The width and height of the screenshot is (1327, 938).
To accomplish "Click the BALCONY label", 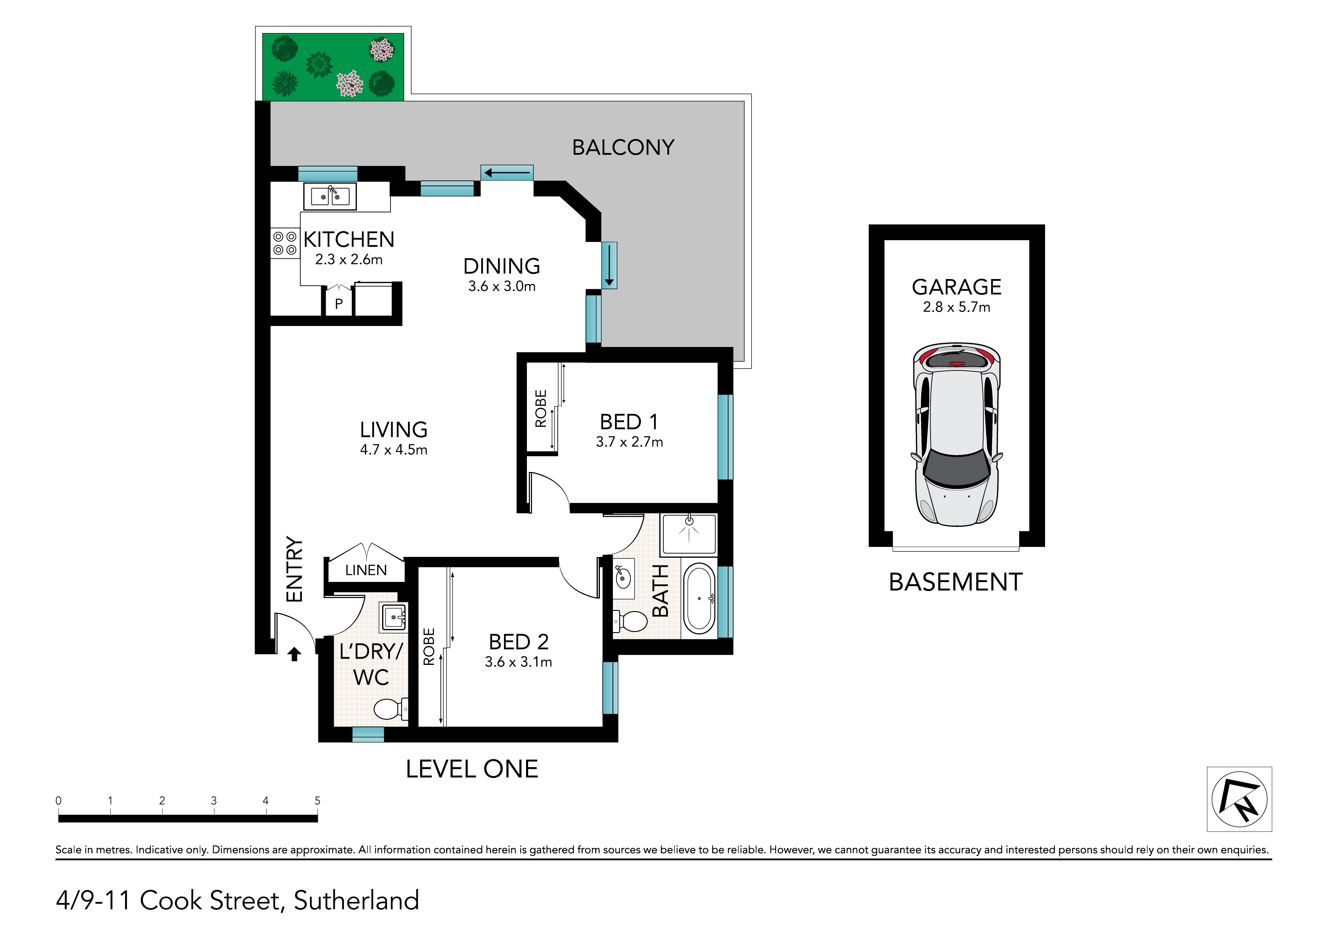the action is tap(623, 147).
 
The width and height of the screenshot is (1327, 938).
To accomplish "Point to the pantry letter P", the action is tap(339, 304).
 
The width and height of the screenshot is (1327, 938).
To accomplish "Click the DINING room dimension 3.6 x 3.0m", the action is tap(502, 286).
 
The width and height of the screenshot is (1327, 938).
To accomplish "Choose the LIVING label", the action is tap(394, 429).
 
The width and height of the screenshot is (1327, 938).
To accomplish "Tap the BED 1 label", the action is tap(629, 422).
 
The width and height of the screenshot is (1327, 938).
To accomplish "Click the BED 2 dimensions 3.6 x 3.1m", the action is tap(518, 662).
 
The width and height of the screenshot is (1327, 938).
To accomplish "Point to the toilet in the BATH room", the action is tap(630, 622).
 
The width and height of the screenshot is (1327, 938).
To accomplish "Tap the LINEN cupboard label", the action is tap(366, 570).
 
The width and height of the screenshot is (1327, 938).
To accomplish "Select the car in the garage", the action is tap(956, 434).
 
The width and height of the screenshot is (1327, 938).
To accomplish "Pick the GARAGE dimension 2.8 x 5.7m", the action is tap(956, 307).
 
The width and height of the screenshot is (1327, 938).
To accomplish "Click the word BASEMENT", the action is tap(955, 582).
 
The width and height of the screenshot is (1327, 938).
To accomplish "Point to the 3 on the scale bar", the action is tap(214, 800).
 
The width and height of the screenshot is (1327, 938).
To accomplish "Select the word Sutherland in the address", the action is tap(356, 901).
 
